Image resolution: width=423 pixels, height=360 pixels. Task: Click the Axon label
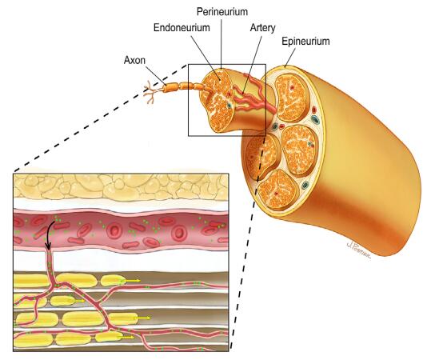click(134, 60)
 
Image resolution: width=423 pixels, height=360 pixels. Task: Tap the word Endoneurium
click(182, 27)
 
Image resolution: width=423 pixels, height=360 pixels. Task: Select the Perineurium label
click(222, 12)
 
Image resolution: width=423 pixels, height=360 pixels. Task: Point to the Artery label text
click(262, 28)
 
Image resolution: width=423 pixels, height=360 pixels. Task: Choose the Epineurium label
click(305, 42)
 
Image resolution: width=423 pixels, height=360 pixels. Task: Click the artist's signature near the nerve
click(358, 250)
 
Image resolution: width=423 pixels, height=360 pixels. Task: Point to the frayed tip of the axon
click(150, 93)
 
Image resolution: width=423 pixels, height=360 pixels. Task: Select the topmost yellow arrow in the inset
click(130, 281)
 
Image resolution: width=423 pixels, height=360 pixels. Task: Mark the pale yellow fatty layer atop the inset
click(121, 186)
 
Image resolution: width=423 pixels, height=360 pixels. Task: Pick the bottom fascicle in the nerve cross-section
click(277, 190)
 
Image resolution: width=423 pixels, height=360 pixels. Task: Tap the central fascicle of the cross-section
click(299, 150)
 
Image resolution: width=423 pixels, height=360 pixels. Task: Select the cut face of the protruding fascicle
click(217, 100)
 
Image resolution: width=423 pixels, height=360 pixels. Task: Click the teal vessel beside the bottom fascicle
click(305, 185)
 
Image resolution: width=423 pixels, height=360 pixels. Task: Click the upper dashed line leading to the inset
click(100, 118)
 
